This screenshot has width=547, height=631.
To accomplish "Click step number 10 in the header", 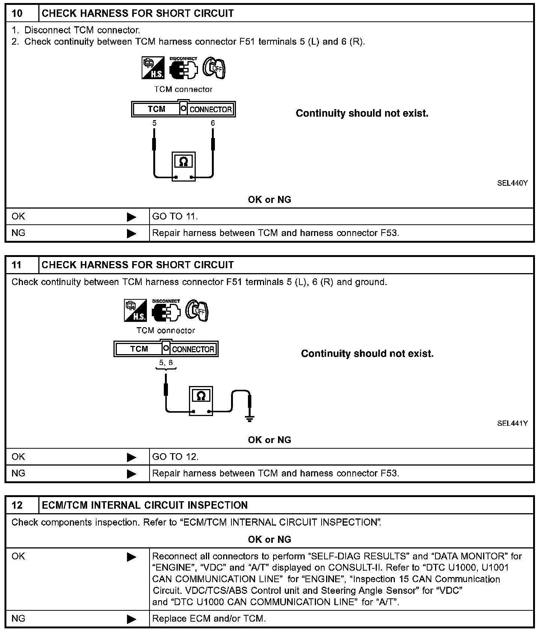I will click(17, 14).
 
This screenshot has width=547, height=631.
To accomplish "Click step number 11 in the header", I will click(17, 265).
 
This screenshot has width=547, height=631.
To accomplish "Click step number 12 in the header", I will click(17, 505).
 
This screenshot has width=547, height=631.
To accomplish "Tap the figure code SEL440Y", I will click(512, 183).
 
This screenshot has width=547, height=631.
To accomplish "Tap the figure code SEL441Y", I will click(512, 423).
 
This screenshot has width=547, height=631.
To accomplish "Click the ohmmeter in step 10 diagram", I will click(183, 167).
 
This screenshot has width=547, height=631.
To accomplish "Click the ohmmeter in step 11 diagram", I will click(201, 401).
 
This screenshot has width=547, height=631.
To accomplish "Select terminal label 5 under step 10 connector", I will click(154, 123).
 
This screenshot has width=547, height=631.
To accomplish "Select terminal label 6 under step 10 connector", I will click(213, 123).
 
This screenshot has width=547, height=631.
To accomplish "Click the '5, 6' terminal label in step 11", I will click(166, 363).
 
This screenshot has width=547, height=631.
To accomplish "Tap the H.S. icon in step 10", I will click(153, 68).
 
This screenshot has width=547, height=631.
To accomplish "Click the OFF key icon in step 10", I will click(214, 68).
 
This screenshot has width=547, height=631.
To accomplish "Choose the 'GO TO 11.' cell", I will click(175, 216).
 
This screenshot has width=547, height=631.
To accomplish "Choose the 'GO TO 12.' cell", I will click(175, 457).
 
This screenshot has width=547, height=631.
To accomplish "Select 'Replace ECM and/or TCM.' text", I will click(209, 619).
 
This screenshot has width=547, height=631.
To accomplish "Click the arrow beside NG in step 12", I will click(131, 619).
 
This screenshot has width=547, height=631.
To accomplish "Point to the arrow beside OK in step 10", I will click(131, 217).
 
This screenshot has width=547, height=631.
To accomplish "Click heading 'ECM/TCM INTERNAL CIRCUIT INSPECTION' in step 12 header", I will click(145, 505).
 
